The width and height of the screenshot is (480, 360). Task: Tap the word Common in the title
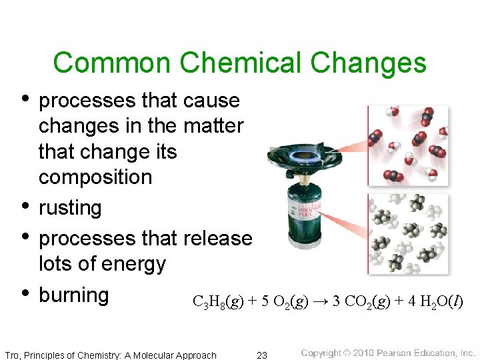[x=111, y=63]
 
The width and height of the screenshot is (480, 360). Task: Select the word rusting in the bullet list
[x=70, y=208]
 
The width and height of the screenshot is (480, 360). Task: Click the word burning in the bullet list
[x=73, y=295]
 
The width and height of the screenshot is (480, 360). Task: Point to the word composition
[x=95, y=177]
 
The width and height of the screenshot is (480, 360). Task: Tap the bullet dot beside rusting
[x=25, y=207]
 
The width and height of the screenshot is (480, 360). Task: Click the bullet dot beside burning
[x=25, y=293]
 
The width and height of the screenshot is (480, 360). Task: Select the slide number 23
[x=262, y=355]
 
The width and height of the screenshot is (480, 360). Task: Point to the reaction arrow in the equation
[x=321, y=302]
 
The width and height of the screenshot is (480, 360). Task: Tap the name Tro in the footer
[x=11, y=355]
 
